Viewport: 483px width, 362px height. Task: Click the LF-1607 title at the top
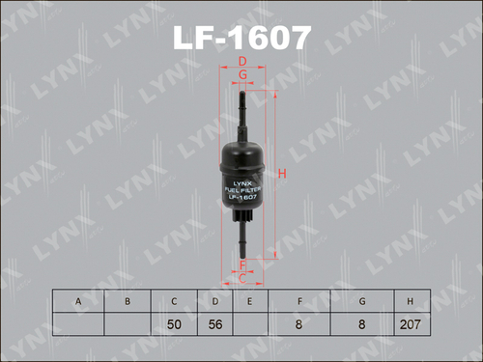pos(241,36)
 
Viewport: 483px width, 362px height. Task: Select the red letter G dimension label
pos(243,74)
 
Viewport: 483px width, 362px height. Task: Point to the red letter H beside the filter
pos(282,174)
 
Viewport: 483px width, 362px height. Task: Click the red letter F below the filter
pos(243,264)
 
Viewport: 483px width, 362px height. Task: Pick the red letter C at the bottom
pos(243,279)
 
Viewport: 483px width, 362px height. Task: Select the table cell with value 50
pos(174,325)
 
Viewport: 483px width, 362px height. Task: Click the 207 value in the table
pos(411,325)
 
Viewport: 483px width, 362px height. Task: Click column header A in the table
pos(78,301)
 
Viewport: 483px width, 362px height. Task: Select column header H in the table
pos(411,301)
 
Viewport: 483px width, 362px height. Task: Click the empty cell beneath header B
pos(127,325)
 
